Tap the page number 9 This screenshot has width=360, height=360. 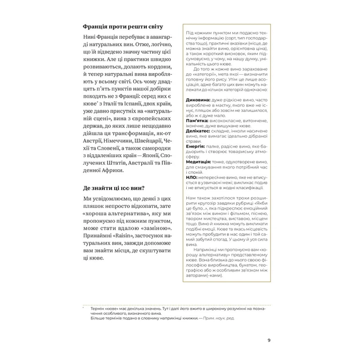click(269, 341)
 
